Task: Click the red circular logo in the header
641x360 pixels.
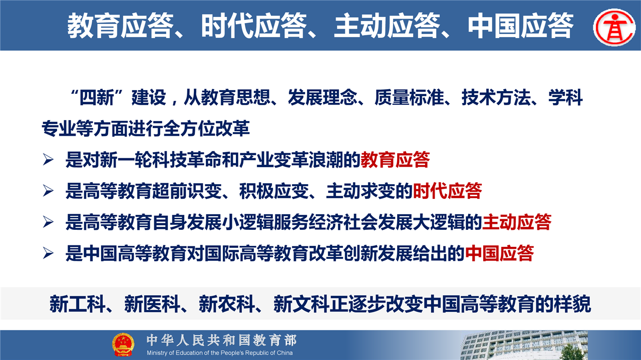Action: [x=614, y=27]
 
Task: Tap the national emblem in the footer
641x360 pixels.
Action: [x=123, y=344]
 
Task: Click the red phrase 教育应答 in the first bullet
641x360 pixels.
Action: [x=395, y=160]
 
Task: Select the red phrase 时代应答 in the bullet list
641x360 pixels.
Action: [x=447, y=191]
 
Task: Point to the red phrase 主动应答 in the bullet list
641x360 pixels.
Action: [x=516, y=222]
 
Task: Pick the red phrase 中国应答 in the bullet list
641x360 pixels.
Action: [x=499, y=253]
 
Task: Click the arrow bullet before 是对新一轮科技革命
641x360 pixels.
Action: [x=48, y=160]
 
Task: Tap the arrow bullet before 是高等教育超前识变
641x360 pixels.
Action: [x=48, y=191]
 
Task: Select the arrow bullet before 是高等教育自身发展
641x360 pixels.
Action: [x=48, y=222]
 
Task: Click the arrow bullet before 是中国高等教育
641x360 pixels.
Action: [x=48, y=253]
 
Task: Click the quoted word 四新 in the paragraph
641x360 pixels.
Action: [x=97, y=98]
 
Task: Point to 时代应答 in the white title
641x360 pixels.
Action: [x=254, y=26]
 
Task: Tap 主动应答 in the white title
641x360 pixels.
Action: [x=387, y=26]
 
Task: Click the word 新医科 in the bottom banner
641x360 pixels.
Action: [x=152, y=304]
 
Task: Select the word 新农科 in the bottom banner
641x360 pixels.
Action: [x=227, y=304]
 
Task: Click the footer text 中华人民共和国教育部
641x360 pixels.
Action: [x=221, y=340]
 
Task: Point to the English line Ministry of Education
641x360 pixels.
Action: [x=219, y=353]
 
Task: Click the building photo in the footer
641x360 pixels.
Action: [x=524, y=345]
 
